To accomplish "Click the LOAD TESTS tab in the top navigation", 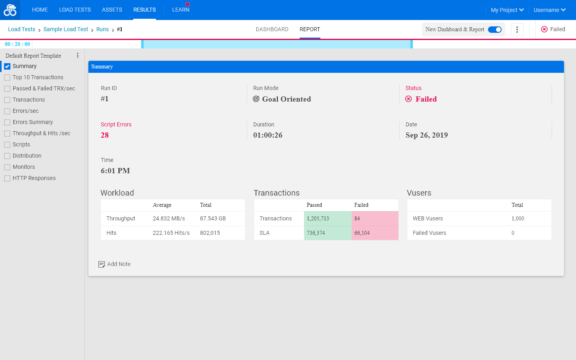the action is coord(75,10).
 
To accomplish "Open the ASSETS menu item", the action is coord(112,10).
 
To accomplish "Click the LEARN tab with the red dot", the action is coord(180,10).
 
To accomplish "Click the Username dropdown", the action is coord(550,10).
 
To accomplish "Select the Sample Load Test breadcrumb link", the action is coord(66,29).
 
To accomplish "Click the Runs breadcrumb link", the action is coord(102,29).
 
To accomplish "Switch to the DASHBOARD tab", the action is coord(272,29).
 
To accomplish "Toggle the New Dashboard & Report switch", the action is coord(494,30).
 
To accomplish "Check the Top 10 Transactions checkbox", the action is coord(7,78).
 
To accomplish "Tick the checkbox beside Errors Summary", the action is coord(7,122).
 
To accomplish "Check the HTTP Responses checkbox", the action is coord(7,178).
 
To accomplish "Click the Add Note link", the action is coord(114,264).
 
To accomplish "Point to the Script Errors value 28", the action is coord(105,135).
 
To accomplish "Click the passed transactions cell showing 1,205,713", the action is coord(328,218).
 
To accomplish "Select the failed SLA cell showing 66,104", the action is coord(375,233).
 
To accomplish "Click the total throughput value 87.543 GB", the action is coord(213,218).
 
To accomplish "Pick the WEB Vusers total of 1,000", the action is coord(518,218).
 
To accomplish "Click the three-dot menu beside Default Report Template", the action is coord(78,56).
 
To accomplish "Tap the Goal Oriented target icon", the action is coord(256,99).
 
